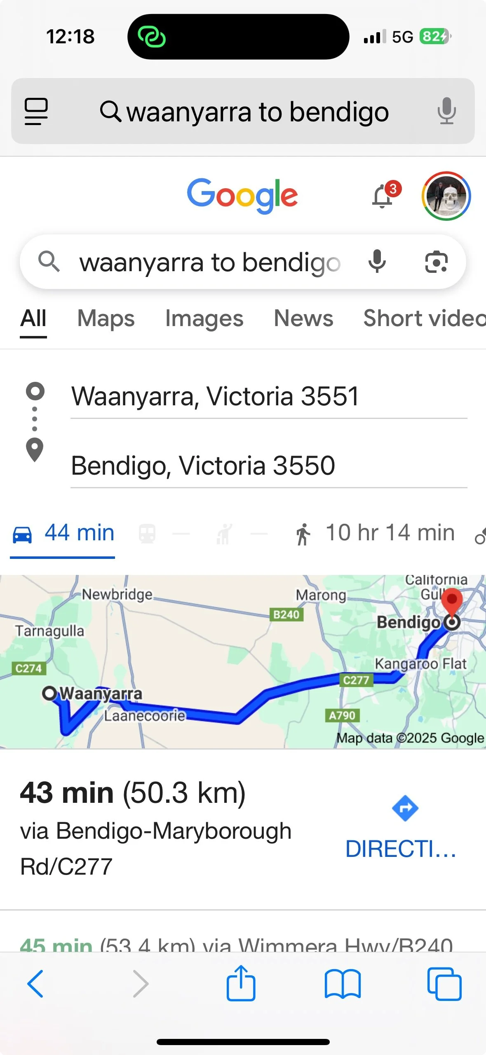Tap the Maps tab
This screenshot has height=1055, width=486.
pyautogui.click(x=106, y=319)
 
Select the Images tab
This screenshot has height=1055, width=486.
pyautogui.click(x=204, y=319)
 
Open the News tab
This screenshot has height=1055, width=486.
pyautogui.click(x=303, y=319)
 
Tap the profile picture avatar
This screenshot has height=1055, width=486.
pyautogui.click(x=446, y=196)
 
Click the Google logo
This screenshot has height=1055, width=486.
pyautogui.click(x=242, y=195)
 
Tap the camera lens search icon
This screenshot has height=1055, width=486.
pyautogui.click(x=436, y=262)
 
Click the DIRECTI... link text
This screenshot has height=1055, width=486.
pyautogui.click(x=401, y=849)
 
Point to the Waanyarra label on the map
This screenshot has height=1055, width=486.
pyautogui.click(x=101, y=693)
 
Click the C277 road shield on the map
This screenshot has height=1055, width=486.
pyautogui.click(x=356, y=680)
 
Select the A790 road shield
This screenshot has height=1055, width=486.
pyautogui.click(x=342, y=715)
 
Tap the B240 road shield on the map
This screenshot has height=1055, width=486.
pyautogui.click(x=286, y=615)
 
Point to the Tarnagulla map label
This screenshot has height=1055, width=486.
pyautogui.click(x=49, y=631)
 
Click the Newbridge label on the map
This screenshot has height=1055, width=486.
pyautogui.click(x=117, y=594)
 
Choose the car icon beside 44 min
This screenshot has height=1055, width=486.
pyautogui.click(x=22, y=534)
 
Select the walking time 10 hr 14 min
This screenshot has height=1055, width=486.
pyautogui.click(x=390, y=533)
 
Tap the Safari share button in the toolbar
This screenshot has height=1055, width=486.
pyautogui.click(x=241, y=984)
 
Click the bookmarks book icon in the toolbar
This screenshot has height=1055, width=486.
pyautogui.click(x=343, y=984)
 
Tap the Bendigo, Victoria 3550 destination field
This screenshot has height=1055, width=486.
pyautogui.click(x=203, y=466)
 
